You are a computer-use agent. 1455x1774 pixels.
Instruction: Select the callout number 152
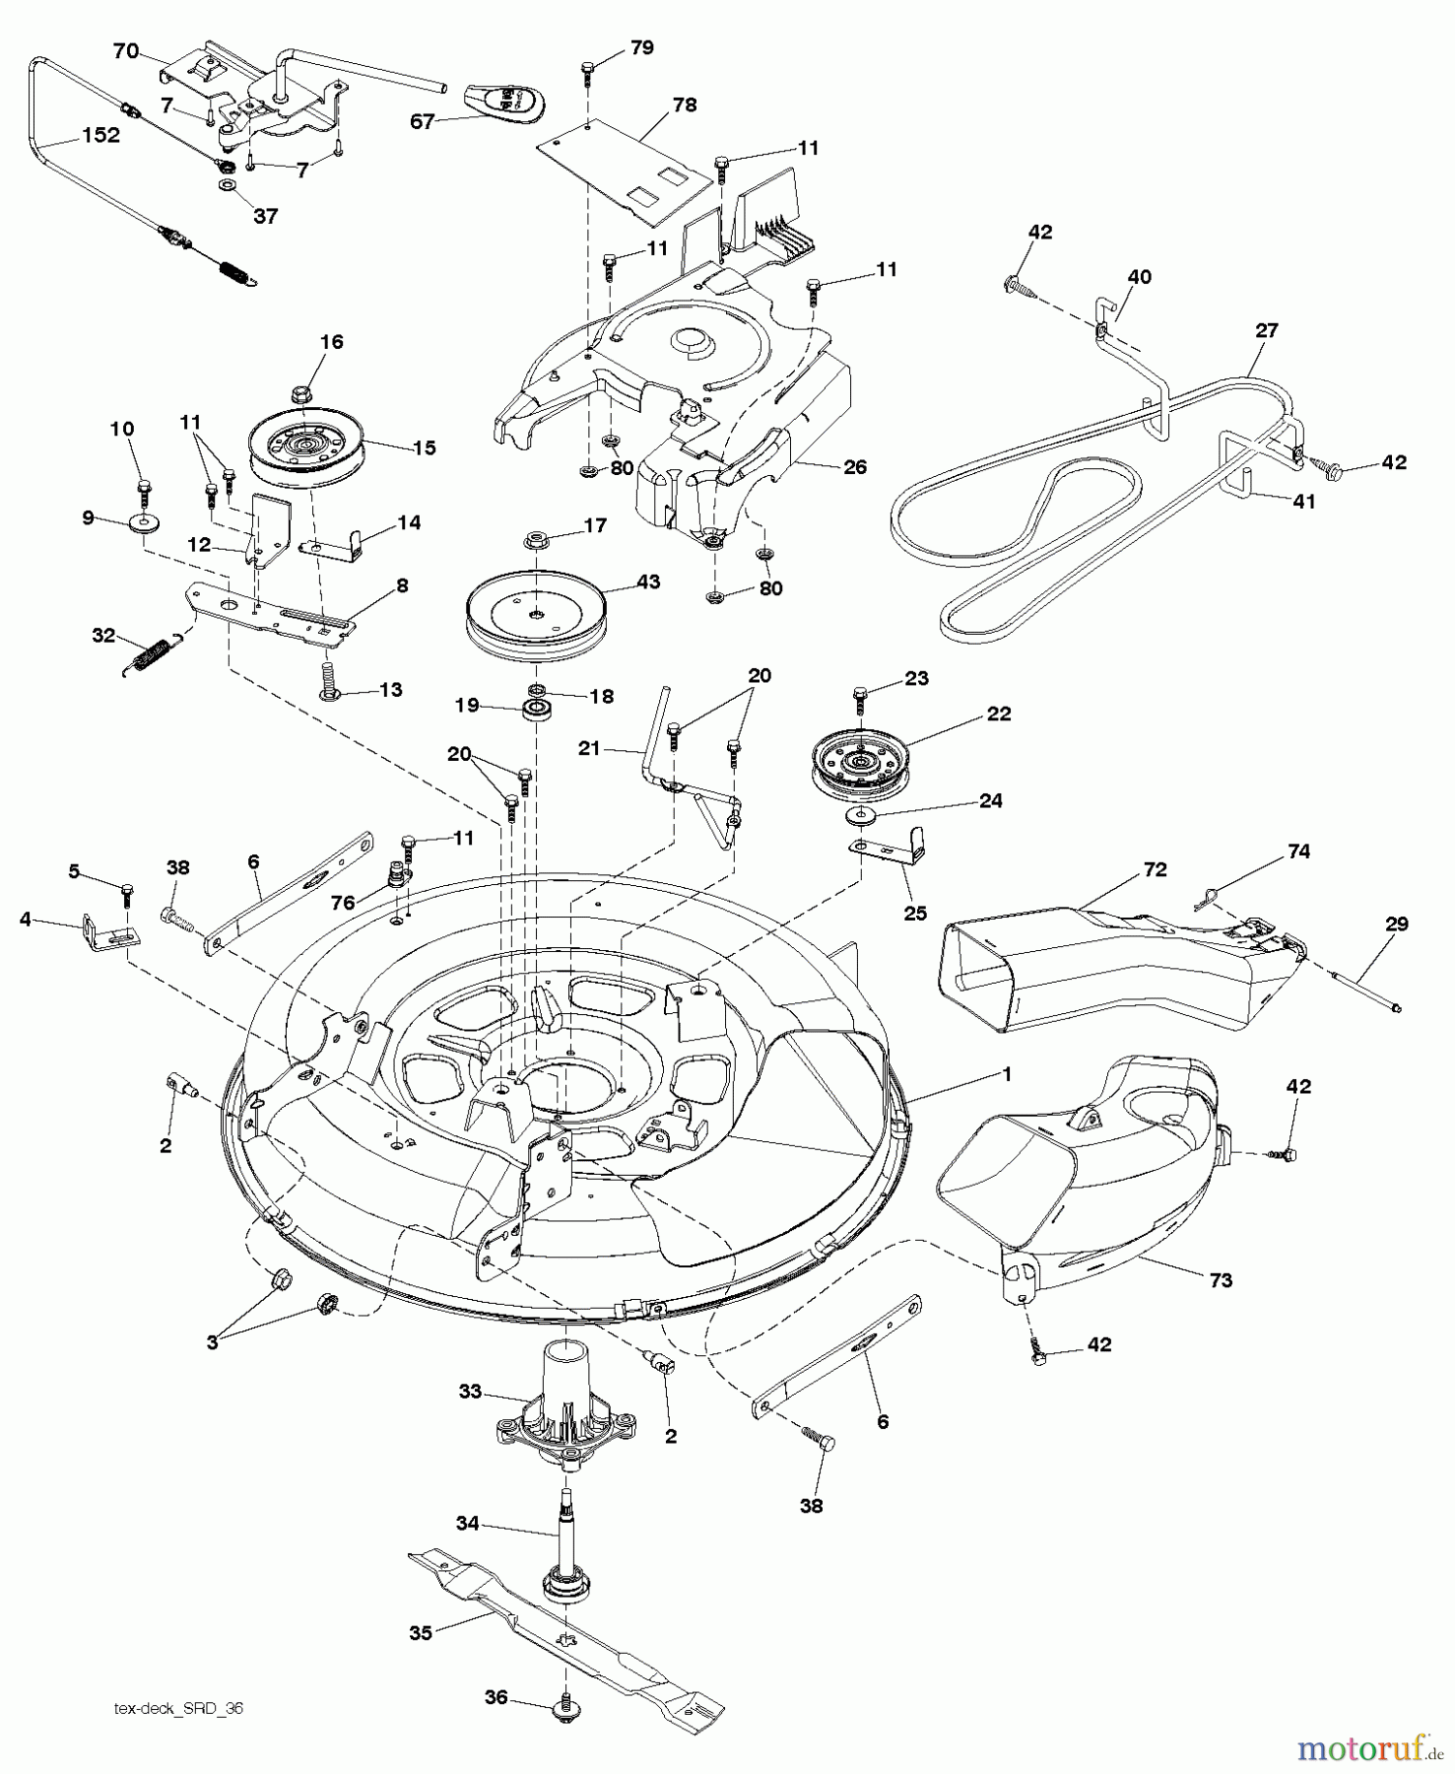[x=100, y=135]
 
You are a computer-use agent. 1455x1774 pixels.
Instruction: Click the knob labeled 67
[x=505, y=101]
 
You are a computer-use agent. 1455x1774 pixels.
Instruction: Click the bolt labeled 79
[x=588, y=69]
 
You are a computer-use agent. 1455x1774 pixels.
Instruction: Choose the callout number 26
[x=854, y=466]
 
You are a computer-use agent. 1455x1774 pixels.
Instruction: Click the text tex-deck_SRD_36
[x=178, y=1710]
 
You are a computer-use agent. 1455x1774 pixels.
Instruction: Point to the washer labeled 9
[x=143, y=520]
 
